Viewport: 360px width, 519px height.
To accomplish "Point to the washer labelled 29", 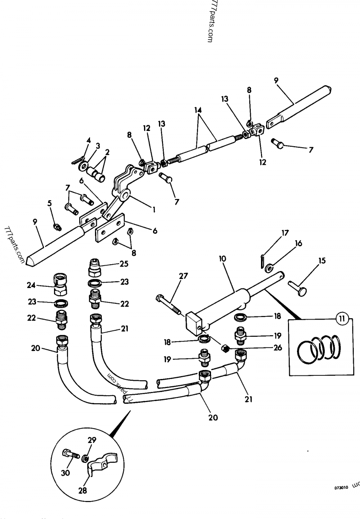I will [85, 458].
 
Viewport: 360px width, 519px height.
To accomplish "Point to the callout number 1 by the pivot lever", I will [154, 209].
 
